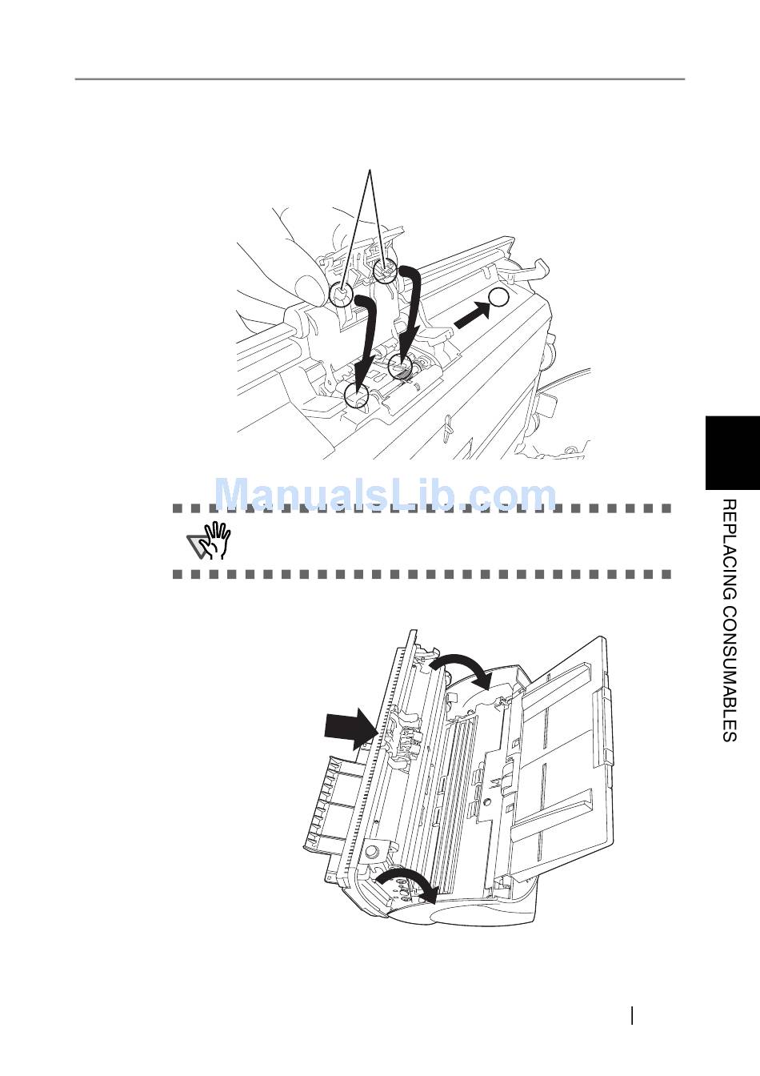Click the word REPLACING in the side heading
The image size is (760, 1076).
point(728,548)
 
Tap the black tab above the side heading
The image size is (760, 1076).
point(732,452)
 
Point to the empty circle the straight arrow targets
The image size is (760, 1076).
point(498,298)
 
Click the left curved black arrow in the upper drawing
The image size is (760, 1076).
point(364,336)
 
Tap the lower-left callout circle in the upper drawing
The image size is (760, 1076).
point(356,393)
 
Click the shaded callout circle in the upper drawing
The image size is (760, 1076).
point(400,367)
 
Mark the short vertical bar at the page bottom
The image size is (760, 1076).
point(633,1015)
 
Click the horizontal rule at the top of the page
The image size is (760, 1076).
point(380,79)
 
